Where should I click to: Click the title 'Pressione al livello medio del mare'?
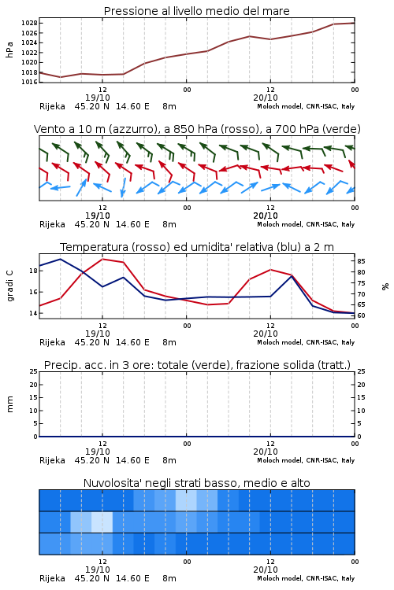196,11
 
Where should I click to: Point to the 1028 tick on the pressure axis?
29,23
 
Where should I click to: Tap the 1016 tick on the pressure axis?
29,82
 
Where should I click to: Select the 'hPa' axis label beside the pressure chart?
9,50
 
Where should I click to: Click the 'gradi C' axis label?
9,286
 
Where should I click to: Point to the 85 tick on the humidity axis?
361,261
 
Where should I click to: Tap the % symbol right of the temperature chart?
385,286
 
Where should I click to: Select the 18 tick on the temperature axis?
33,271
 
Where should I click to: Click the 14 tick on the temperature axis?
33,313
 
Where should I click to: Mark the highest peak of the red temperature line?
102,259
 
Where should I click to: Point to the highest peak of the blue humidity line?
61,259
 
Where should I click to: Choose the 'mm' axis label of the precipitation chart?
9,404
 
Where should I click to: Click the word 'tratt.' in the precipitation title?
336,365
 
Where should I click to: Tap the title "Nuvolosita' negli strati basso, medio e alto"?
196,483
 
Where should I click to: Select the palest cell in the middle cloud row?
102,522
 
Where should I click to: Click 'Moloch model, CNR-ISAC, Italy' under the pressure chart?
306,106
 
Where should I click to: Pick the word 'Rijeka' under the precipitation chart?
53,460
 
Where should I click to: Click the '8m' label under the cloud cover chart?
169,578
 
